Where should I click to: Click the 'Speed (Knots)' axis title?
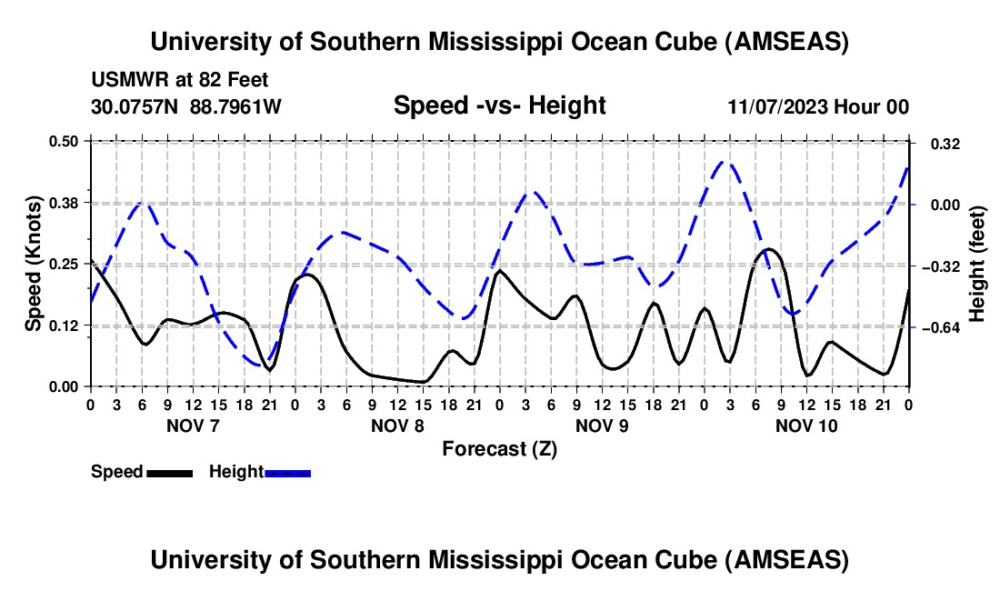[33, 264]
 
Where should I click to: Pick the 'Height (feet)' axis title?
[978, 264]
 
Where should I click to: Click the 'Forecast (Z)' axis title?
[499, 448]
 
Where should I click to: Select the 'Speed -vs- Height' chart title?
[499, 106]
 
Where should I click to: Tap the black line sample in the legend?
[170, 472]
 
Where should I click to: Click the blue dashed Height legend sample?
[287, 472]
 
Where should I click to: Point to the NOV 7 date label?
[192, 425]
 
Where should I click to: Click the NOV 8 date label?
[397, 425]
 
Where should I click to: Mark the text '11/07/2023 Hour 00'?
[818, 107]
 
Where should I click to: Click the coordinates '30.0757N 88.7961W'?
[186, 107]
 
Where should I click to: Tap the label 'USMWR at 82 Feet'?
[180, 81]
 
